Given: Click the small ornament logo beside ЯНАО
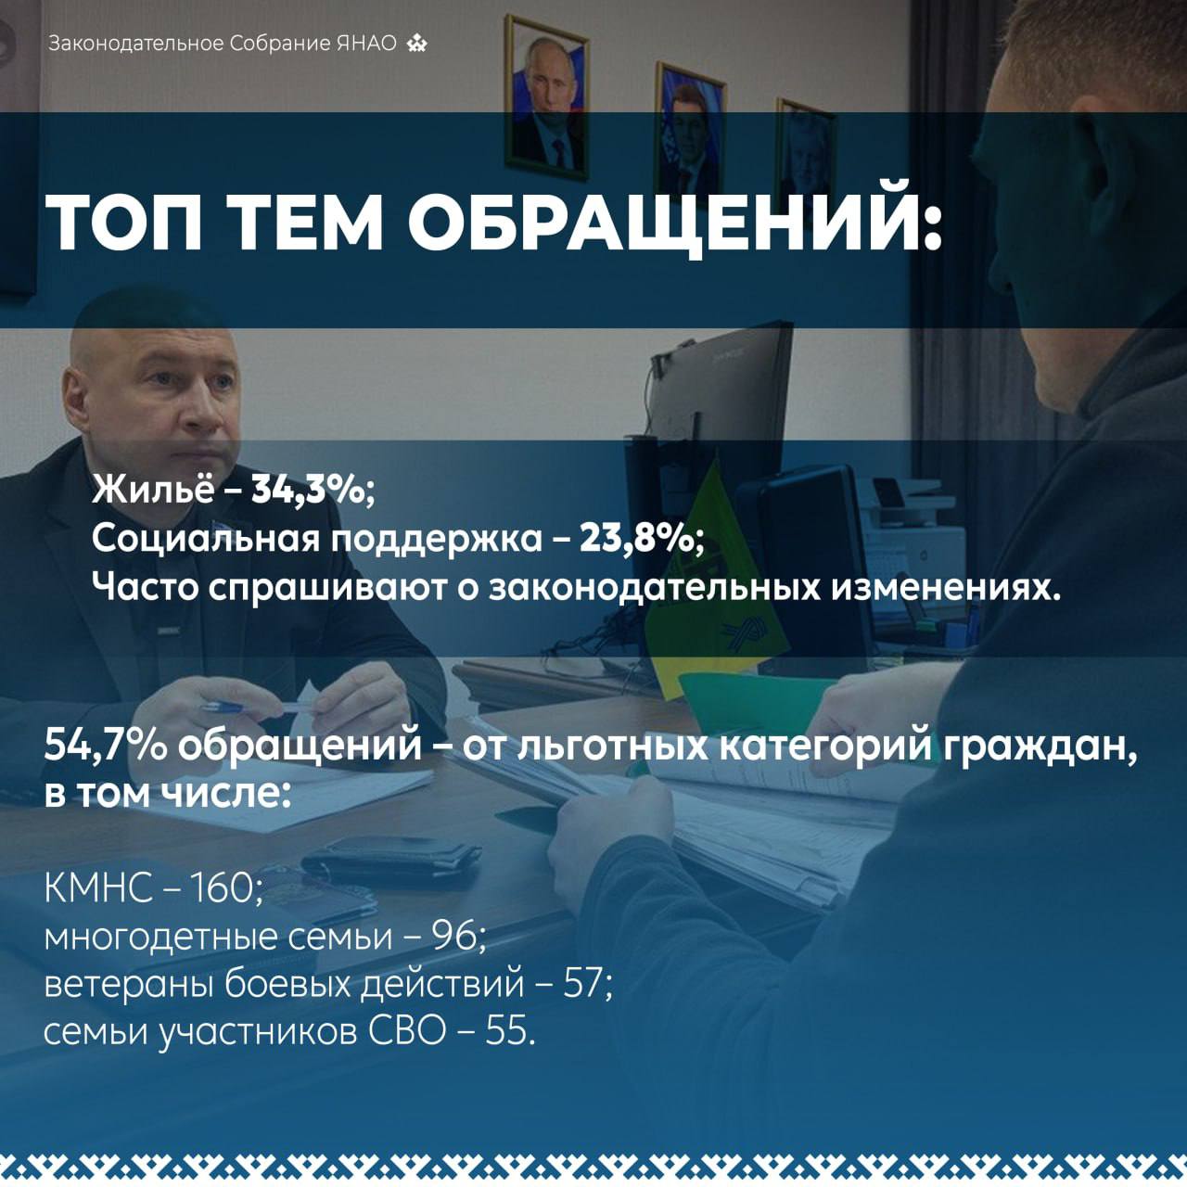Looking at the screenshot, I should pyautogui.click(x=416, y=44).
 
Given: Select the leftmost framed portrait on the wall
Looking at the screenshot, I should pyautogui.click(x=546, y=98).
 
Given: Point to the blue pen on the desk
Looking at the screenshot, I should pyautogui.click(x=223, y=707).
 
